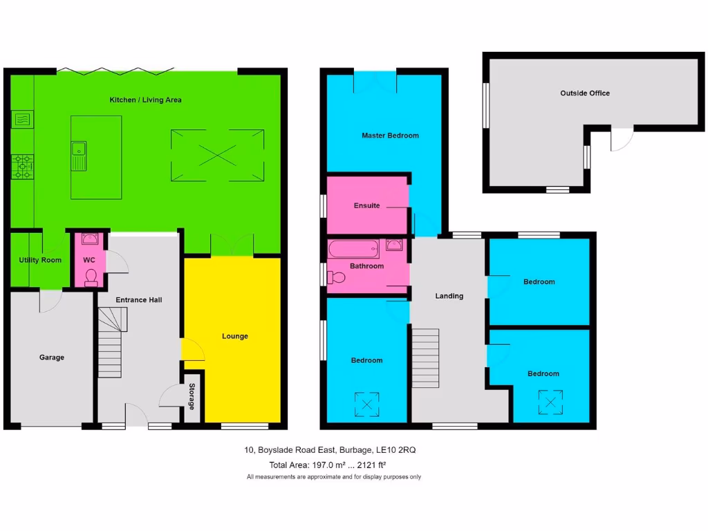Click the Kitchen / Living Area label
145,100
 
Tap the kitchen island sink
78,154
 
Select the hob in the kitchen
23,166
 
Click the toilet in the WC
91,277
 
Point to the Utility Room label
40,260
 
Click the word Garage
51,357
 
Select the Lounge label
234,337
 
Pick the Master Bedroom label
390,136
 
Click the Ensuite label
366,205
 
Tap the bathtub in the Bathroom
353,248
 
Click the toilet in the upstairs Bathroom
337,277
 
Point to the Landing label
449,296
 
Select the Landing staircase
426,358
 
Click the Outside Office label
584,93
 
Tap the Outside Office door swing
622,140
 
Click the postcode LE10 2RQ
395,450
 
